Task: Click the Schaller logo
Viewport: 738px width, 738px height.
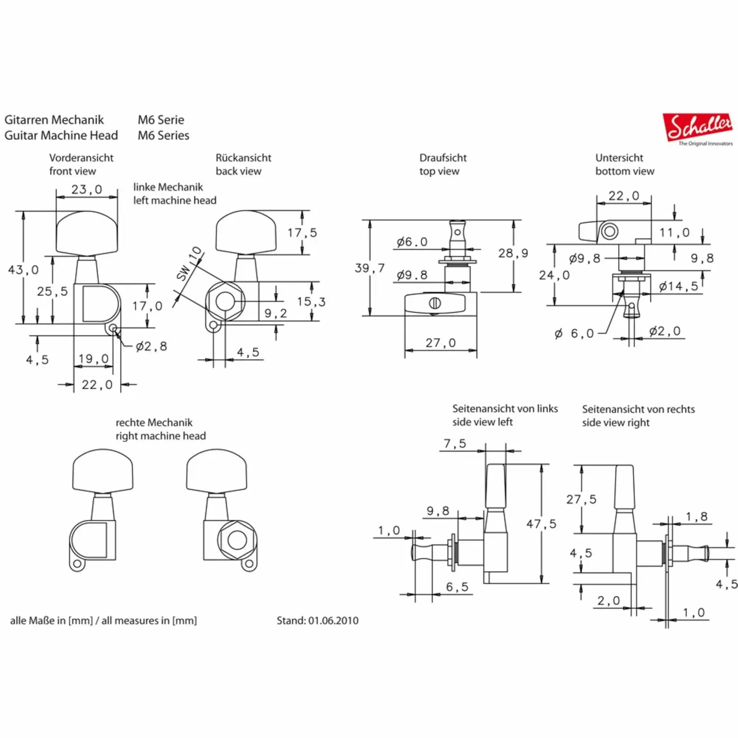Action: click(x=698, y=128)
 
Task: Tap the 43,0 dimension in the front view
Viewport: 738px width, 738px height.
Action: click(x=23, y=270)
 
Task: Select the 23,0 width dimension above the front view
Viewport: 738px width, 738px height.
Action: click(x=87, y=190)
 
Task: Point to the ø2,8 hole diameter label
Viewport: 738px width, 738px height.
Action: click(x=151, y=346)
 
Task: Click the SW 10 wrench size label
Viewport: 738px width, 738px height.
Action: click(x=190, y=264)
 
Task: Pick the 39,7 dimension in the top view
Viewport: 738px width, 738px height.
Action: click(x=369, y=268)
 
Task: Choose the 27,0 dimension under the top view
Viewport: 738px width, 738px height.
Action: click(x=440, y=343)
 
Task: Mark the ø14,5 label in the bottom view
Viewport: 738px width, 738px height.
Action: click(x=678, y=286)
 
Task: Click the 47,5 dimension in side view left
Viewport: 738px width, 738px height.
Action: click(x=542, y=524)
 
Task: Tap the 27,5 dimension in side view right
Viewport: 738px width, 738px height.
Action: click(x=581, y=500)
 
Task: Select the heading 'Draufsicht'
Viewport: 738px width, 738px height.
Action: click(x=443, y=158)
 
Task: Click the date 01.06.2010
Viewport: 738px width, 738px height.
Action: click(x=333, y=621)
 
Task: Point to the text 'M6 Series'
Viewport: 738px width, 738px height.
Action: click(x=163, y=136)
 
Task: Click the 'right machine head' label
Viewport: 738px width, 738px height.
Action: click(x=161, y=436)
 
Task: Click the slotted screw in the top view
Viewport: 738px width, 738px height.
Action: click(x=435, y=304)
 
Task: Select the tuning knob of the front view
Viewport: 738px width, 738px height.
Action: click(x=86, y=232)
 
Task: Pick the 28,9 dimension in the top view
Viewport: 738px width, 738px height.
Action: click(x=513, y=253)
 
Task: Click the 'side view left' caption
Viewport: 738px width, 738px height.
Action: click(x=482, y=422)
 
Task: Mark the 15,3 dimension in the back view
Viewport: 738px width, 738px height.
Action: click(x=311, y=302)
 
